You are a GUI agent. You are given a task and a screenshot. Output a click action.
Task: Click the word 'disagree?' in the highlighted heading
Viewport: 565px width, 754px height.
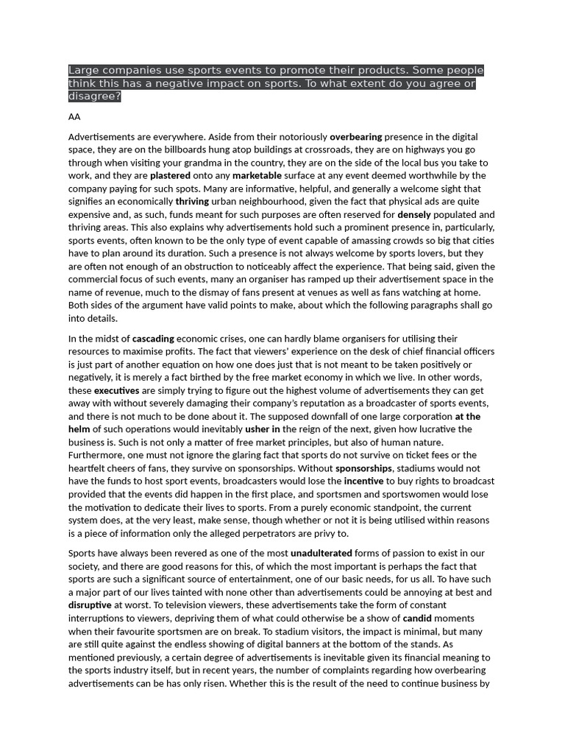pyautogui.click(x=94, y=96)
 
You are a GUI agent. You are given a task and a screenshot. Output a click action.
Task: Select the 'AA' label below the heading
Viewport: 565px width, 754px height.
pyautogui.click(x=74, y=117)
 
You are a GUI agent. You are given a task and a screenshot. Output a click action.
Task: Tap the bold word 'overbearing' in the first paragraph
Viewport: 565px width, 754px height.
pyautogui.click(x=355, y=137)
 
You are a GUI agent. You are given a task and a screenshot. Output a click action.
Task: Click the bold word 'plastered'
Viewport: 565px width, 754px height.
pyautogui.click(x=170, y=176)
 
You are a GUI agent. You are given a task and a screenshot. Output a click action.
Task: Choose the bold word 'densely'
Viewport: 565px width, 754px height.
pyautogui.click(x=414, y=215)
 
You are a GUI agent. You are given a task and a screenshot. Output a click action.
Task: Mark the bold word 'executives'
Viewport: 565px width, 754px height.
pyautogui.click(x=117, y=390)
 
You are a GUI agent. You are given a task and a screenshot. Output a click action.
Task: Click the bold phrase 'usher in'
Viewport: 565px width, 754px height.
pyautogui.click(x=263, y=429)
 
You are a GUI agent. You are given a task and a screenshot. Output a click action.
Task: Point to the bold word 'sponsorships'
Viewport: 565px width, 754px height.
pyautogui.click(x=363, y=468)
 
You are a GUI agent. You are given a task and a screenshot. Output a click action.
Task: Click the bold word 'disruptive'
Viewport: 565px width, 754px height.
pyautogui.click(x=90, y=605)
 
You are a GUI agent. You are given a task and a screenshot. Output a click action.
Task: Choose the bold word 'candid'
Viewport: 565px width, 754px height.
pyautogui.click(x=417, y=619)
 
